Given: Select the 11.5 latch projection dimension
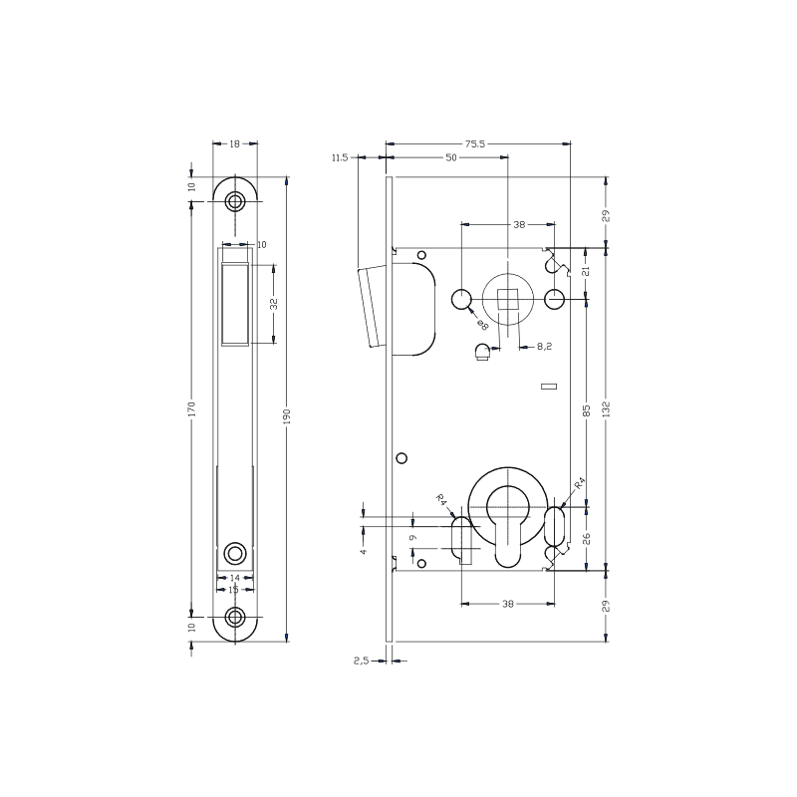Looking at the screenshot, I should [x=340, y=157].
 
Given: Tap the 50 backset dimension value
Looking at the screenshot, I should [x=450, y=157].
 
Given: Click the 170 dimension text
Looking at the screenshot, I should [x=191, y=409].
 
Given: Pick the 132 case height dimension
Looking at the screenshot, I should [x=606, y=409].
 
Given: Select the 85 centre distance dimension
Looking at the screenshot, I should [x=587, y=409].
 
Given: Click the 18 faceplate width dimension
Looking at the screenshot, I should [x=235, y=144].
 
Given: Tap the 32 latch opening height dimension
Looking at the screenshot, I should [x=273, y=303].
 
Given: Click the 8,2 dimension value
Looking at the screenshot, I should [x=544, y=347].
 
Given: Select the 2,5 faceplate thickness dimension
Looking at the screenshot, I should [x=362, y=660].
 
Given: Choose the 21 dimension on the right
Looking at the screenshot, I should [x=586, y=270].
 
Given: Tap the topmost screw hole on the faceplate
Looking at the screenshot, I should [x=235, y=201].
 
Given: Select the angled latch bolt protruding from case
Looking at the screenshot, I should [x=371, y=307].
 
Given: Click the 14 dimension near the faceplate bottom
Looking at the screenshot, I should [x=235, y=578].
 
